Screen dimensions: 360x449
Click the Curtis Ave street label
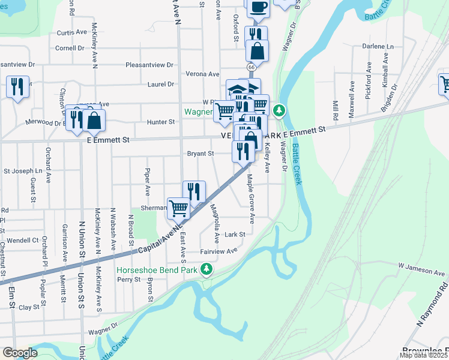[71, 33]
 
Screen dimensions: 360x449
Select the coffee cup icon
[258, 7]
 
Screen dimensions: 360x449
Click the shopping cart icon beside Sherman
[179, 208]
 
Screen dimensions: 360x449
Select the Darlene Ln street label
[378, 46]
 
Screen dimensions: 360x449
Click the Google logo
[20, 353]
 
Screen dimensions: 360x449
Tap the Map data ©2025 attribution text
[424, 355]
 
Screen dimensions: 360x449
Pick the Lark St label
[235, 235]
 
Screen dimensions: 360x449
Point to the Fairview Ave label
[219, 251]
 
